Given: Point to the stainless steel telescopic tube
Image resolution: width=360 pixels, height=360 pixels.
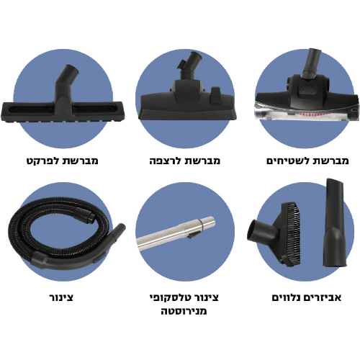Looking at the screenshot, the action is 176,233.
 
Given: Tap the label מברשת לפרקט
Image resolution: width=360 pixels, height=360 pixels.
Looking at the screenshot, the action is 63,161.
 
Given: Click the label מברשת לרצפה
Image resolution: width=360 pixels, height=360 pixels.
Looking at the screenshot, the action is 184,161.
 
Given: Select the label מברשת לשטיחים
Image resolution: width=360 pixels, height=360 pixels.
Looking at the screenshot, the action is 307,161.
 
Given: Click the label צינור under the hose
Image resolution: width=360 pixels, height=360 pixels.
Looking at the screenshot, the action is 61,297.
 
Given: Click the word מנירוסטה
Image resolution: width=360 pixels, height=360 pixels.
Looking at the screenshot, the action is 184,311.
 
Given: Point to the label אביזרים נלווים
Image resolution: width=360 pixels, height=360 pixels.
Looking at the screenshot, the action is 307,297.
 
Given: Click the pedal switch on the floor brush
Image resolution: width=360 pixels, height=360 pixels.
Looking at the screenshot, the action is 215,96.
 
